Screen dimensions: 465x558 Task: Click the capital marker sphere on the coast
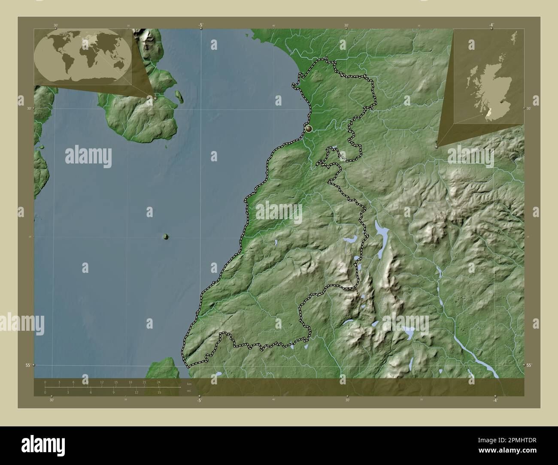pyautogui.click(x=309, y=128)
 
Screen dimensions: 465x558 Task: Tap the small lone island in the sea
pyautogui.click(x=166, y=236)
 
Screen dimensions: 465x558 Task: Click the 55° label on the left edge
pyautogui.click(x=27, y=365)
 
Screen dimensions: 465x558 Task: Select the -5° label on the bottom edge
pyautogui.click(x=200, y=400)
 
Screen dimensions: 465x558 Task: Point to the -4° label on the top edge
pyautogui.click(x=491, y=25)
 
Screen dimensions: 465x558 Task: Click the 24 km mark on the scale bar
pyautogui.click(x=158, y=382)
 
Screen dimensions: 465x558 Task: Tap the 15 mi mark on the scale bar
pyautogui.click(x=159, y=392)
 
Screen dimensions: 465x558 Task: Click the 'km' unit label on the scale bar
pyautogui.click(x=188, y=382)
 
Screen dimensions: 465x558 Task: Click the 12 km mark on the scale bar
pyautogui.click(x=102, y=382)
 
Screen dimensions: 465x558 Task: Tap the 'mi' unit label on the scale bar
pyautogui.click(x=188, y=391)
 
